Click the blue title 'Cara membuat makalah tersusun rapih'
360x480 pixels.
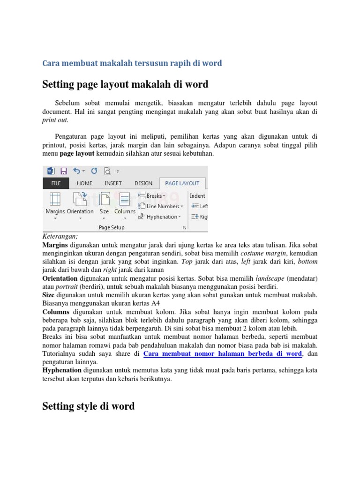(x=132, y=63)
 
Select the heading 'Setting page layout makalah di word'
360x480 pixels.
(x=125, y=84)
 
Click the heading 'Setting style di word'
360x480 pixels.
(x=88, y=406)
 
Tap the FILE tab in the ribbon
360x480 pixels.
(x=56, y=183)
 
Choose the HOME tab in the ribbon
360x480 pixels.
(x=84, y=183)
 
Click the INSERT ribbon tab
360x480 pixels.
(x=113, y=183)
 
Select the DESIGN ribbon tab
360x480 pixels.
(x=143, y=183)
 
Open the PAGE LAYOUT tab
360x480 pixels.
(x=182, y=183)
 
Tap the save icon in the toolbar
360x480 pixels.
(x=64, y=171)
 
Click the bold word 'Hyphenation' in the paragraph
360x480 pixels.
(x=62, y=370)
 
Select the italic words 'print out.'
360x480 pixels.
(x=55, y=120)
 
